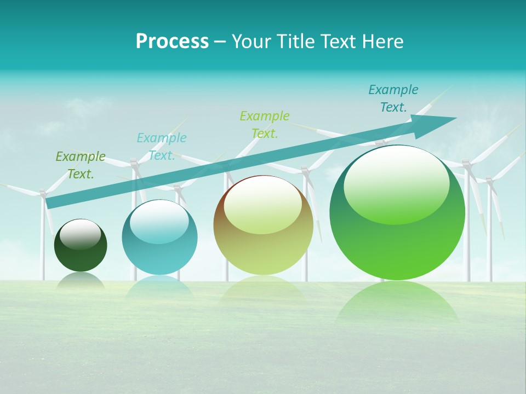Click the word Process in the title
pos(172,42)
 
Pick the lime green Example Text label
pos(265,124)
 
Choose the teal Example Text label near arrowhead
pos(393,99)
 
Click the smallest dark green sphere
pos(81,245)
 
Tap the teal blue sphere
pos(159,237)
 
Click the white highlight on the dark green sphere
pos(80,234)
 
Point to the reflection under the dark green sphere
pos(81,280)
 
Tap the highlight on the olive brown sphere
pos(262,204)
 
